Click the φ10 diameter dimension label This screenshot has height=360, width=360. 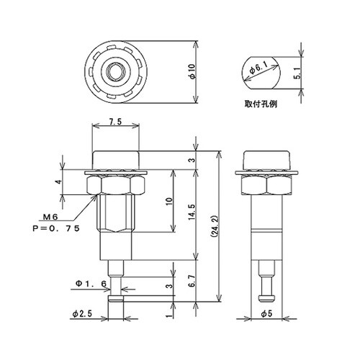(193, 72)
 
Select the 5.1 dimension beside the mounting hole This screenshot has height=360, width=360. (297, 73)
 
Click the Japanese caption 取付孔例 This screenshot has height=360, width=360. (261, 104)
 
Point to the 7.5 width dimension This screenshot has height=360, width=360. (115, 122)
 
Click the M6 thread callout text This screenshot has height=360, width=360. (50, 217)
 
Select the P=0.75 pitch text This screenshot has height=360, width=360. (56, 228)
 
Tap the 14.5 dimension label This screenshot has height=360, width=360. (192, 212)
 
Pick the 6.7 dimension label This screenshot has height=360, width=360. (192, 281)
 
